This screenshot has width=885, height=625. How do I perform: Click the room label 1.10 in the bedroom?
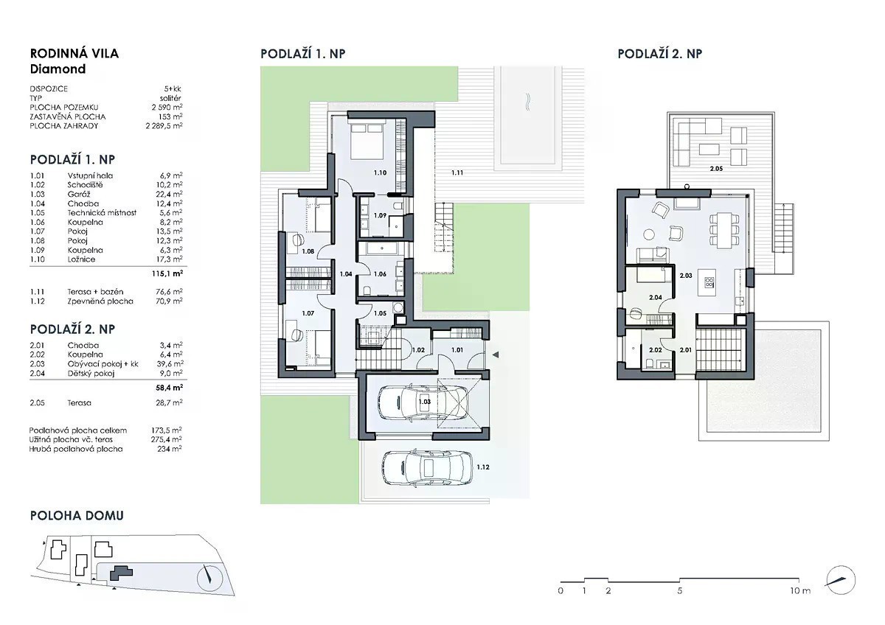[380, 172]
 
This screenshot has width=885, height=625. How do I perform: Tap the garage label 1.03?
[424, 402]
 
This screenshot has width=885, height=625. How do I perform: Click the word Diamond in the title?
[58, 69]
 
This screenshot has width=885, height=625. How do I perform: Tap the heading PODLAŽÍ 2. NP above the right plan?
[660, 54]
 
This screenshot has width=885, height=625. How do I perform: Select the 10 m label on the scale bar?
[800, 590]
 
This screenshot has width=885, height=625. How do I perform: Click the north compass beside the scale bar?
[840, 580]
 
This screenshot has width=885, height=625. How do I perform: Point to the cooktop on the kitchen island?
[709, 282]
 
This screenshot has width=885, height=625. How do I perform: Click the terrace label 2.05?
[716, 169]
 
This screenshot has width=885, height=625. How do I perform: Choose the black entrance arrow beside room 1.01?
[496, 355]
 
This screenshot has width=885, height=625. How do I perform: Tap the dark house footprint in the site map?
[120, 573]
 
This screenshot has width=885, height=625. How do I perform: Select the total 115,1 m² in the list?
[167, 273]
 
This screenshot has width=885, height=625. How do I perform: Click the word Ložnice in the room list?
[81, 259]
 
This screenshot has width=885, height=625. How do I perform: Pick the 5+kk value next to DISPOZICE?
[173, 89]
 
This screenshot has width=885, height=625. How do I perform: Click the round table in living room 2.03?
[649, 234]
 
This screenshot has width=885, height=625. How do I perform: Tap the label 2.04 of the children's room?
[656, 297]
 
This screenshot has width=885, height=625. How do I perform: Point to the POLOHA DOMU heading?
[77, 516]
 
